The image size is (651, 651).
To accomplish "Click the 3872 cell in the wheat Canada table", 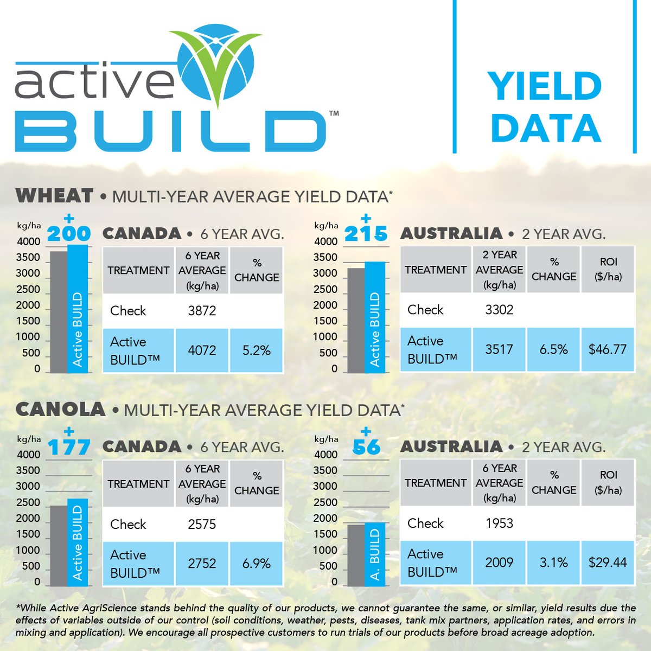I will coord(202,311).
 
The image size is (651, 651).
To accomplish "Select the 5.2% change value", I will coord(257,350).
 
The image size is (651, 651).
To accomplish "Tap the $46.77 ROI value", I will coord(608,349).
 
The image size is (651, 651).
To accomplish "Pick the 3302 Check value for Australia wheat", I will coord(499,310).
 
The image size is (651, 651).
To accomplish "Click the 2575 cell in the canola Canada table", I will coord(202,525).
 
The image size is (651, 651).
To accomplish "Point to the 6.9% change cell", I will coord(257,564).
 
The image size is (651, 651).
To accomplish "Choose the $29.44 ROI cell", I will coord(608,563).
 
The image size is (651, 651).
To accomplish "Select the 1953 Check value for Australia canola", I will coord(499,524).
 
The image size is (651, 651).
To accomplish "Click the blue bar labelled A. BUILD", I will coord(375,554).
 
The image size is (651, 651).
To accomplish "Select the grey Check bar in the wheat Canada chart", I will coord(59,312).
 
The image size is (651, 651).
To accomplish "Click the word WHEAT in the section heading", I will coord(55,196).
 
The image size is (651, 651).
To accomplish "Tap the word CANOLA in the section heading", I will coord(60,410).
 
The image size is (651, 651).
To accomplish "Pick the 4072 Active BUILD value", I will coord(202,350).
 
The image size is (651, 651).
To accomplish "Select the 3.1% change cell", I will coord(553,563).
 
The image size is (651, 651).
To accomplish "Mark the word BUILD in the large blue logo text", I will coord(170,131).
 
